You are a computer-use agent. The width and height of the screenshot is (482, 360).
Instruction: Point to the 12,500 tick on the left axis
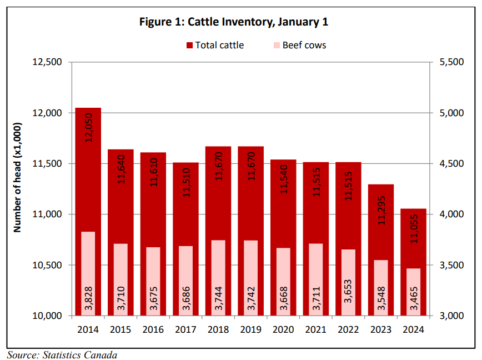click(48, 62)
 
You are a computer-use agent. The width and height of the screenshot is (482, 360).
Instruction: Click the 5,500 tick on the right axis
click(451, 62)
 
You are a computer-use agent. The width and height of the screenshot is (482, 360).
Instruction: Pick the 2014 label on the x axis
click(88, 329)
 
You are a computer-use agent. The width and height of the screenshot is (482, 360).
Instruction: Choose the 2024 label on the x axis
click(413, 329)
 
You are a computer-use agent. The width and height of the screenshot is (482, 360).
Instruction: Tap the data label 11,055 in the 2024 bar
click(414, 228)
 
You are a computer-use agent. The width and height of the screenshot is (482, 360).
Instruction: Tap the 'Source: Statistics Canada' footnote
click(62, 354)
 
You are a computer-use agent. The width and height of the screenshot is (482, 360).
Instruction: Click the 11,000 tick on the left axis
click(48, 214)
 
